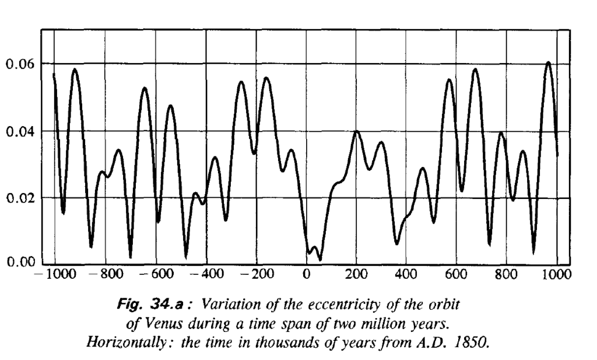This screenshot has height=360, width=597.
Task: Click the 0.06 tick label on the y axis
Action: coord(19,64)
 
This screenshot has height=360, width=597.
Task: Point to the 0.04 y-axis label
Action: coord(19,131)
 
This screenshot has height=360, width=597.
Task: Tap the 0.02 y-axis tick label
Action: coord(19,198)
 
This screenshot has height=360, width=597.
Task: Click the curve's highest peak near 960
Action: coord(548,62)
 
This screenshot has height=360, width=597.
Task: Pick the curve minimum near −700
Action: coord(131,257)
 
